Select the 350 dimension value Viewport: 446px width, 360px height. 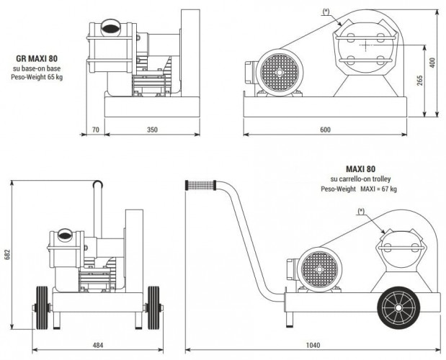click(151, 130)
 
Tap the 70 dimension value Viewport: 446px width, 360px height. click(95, 130)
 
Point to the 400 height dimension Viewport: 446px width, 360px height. click(434, 63)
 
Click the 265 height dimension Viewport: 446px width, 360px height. click(419, 81)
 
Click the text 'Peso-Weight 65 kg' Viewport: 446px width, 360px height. click(37, 76)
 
